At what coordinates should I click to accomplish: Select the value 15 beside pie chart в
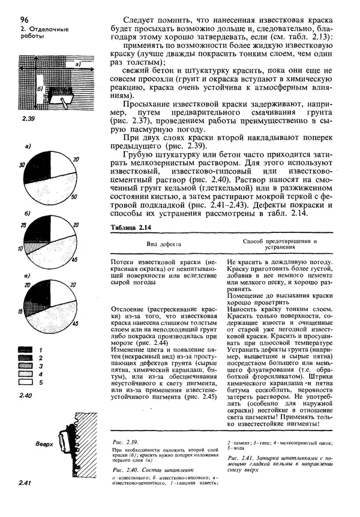point(22,313)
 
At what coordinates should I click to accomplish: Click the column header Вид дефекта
point(163,244)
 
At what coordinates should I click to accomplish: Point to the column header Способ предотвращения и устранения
point(279,244)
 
